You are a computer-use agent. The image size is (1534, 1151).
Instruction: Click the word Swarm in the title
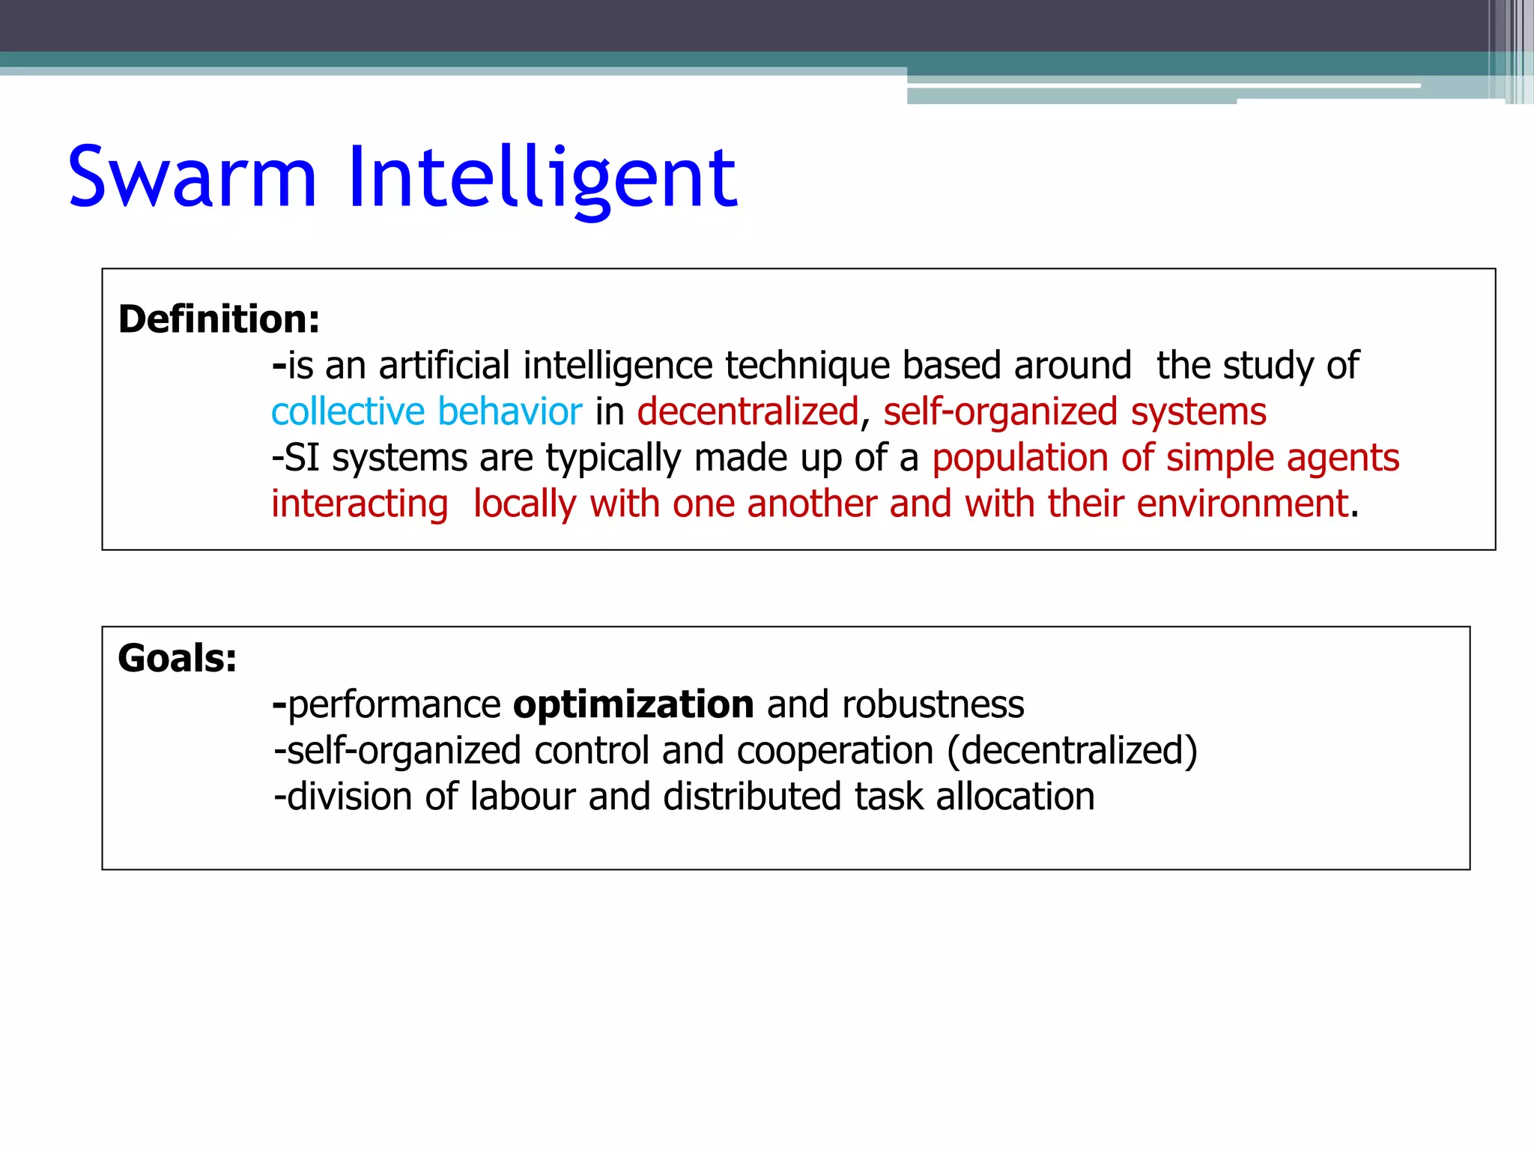pos(192,178)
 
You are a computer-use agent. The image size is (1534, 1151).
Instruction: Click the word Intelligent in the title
pos(542,178)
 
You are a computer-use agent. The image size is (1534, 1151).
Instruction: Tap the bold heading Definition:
pos(219,319)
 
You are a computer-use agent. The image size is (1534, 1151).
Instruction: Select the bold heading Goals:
pos(178,659)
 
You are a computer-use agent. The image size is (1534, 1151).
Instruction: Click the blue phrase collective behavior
pos(426,412)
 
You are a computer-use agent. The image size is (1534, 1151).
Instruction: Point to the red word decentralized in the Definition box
pos(748,412)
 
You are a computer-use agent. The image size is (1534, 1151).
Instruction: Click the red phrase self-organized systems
pos(1074,412)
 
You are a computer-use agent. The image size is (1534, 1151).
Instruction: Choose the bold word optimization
pos(633,704)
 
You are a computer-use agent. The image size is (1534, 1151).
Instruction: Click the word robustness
pos(933,704)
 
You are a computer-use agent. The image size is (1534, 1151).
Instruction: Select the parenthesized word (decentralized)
pos(1072,751)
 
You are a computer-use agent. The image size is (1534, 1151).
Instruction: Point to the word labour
pos(523,797)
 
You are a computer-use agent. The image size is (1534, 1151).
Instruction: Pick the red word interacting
pos(360,504)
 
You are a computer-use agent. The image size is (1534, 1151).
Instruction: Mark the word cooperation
pos(835,751)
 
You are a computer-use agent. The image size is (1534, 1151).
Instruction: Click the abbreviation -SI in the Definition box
pos(296,458)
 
